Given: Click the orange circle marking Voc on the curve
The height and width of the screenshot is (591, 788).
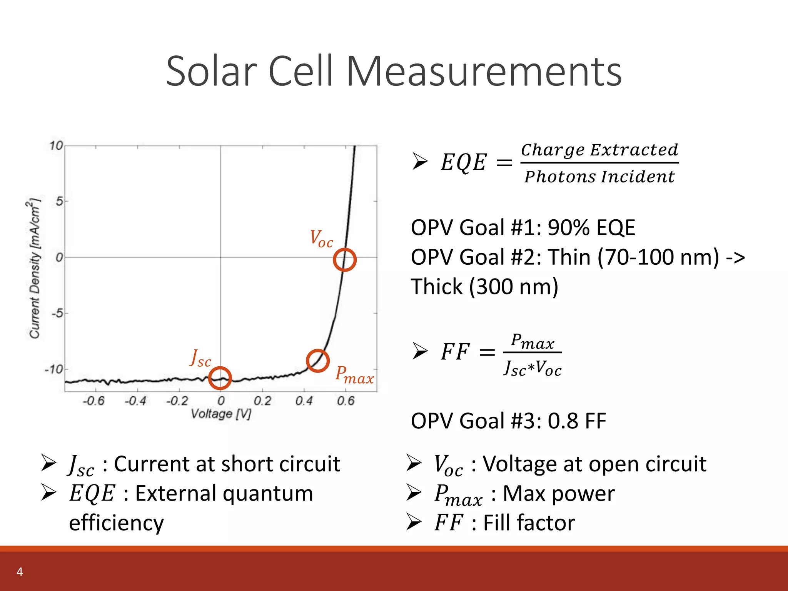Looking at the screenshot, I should point(344,260).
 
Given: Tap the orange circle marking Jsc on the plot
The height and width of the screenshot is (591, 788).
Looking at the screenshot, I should point(220,378).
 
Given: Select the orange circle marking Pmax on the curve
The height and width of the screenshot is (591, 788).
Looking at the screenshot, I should point(317,361).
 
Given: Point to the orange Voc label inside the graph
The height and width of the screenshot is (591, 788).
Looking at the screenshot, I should point(321,239).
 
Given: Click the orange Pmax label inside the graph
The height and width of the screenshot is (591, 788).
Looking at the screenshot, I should point(354,375).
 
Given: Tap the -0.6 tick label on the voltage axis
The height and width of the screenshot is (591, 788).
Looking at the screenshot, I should point(93,401).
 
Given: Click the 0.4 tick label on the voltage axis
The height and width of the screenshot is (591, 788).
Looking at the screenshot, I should point(304,401).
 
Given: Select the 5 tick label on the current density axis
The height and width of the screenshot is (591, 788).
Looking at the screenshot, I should point(59,201).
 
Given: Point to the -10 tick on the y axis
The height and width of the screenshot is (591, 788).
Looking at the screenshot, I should point(54,370).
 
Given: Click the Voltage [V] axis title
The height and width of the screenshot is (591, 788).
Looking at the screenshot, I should point(221,414).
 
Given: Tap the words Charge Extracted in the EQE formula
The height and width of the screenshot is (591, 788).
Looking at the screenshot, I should point(599,150).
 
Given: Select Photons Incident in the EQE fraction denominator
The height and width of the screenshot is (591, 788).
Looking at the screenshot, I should point(599,177).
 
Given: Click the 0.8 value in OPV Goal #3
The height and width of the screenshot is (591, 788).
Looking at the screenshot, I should point(563,421).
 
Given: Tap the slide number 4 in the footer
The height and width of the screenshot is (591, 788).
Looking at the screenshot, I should point(20,572).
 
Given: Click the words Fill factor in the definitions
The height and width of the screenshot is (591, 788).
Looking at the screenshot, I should point(529,523).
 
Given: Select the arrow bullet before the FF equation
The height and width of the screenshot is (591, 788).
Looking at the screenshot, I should point(420,351).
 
